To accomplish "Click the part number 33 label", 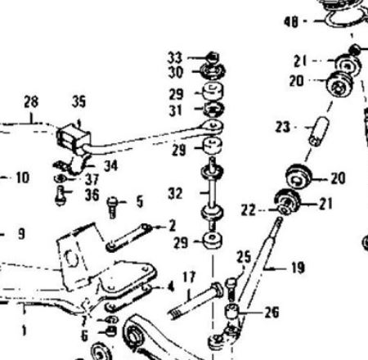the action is (x=175, y=57).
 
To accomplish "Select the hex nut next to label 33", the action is (x=213, y=57).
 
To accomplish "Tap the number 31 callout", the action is (x=175, y=110).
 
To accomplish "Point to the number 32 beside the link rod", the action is (x=175, y=193).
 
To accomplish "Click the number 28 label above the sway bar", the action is (x=31, y=101).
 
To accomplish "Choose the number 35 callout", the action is (x=79, y=101).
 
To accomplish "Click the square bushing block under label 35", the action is (x=74, y=139).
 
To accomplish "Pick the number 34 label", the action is (x=110, y=165).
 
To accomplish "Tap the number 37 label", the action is (x=92, y=180).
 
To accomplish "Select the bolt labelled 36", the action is (x=60, y=196).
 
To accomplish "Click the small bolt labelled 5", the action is (x=112, y=207).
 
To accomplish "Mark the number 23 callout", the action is (x=282, y=127).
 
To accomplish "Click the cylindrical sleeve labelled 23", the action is (x=319, y=131).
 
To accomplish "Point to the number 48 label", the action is (x=291, y=21).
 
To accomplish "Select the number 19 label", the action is (x=298, y=268).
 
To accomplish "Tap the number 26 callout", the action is (x=272, y=313).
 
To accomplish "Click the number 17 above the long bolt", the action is (x=189, y=277).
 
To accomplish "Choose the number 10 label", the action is (x=23, y=178).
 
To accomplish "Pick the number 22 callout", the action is (x=248, y=210).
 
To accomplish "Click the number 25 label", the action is (x=244, y=257).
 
